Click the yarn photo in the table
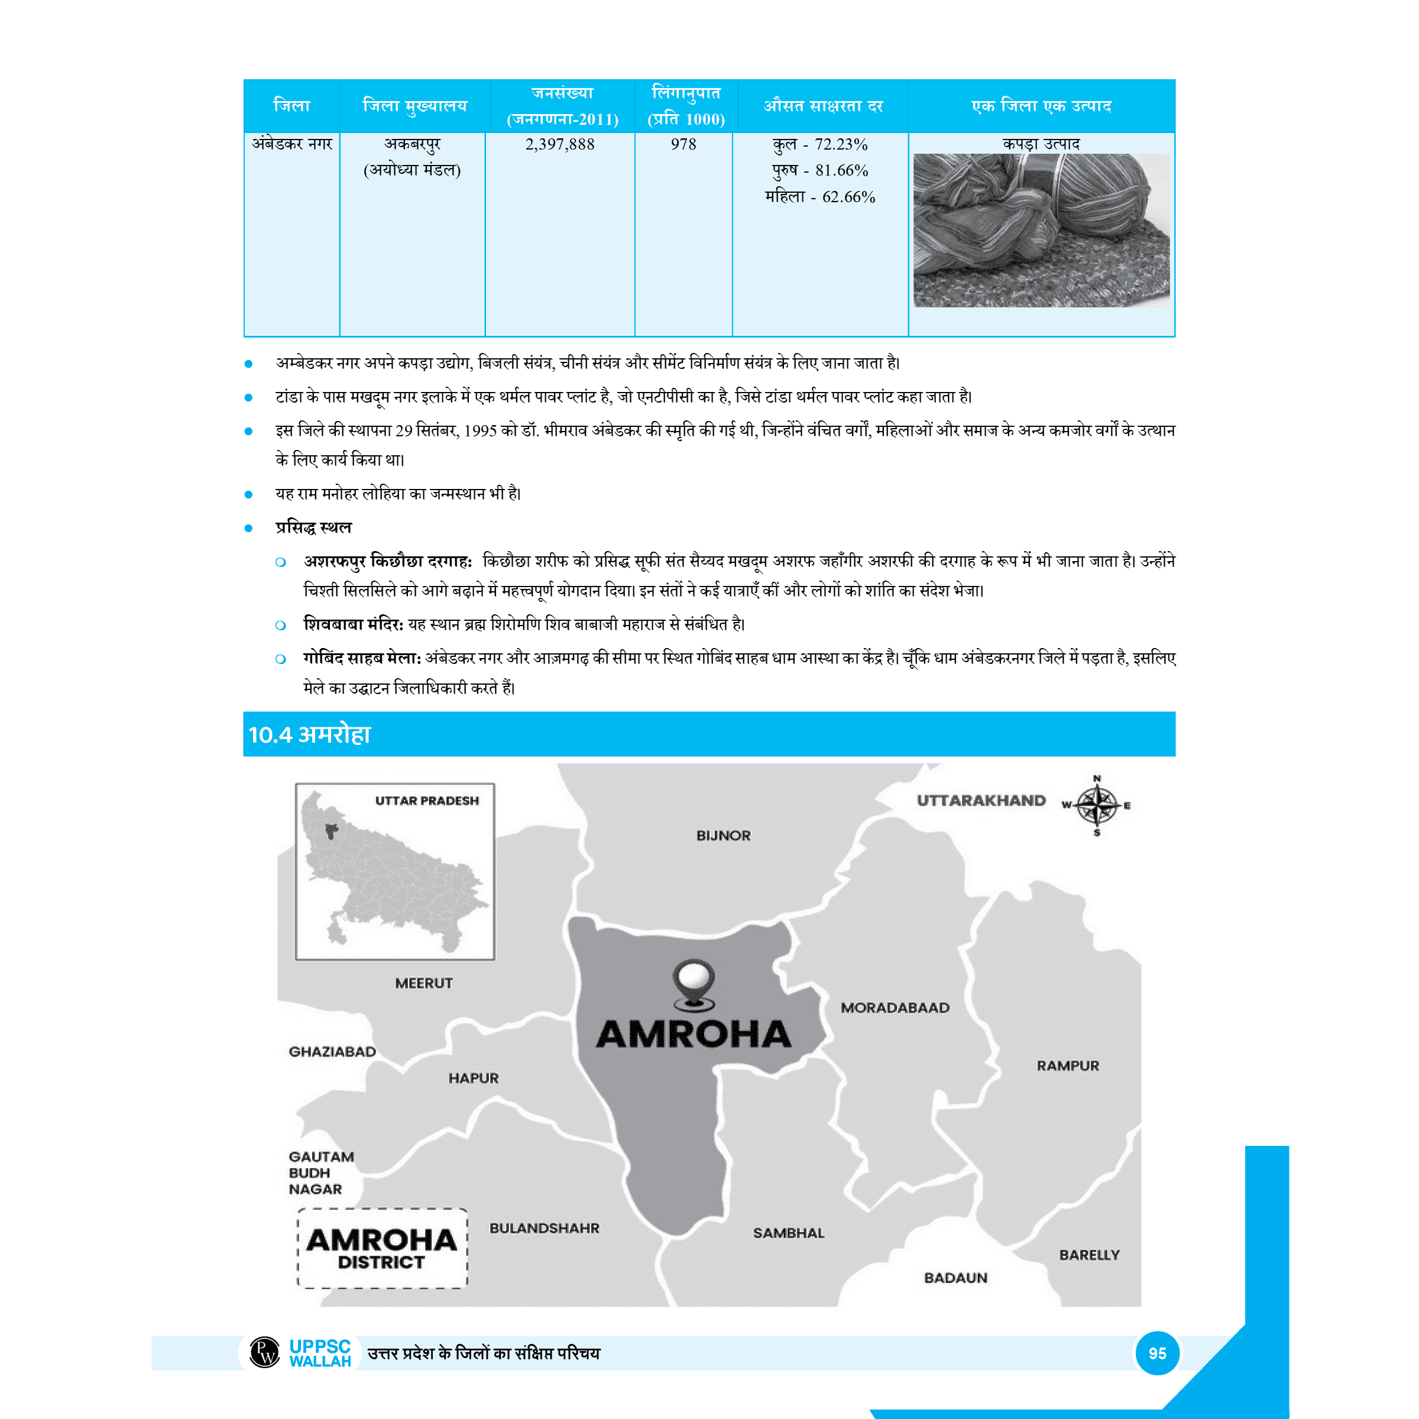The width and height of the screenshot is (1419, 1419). click(x=1041, y=230)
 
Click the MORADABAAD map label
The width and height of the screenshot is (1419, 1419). click(x=895, y=1007)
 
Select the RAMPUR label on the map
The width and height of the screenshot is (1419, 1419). click(x=1068, y=1065)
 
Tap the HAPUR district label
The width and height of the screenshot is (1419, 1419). click(x=474, y=1078)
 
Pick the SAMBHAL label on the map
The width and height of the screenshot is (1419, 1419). click(x=788, y=1233)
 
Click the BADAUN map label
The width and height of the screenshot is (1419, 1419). click(x=955, y=1278)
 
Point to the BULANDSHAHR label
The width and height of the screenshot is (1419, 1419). click(x=544, y=1228)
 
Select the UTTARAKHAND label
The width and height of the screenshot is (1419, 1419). click(x=980, y=801)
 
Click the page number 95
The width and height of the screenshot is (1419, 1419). click(x=1157, y=1353)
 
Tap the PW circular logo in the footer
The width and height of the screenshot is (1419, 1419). click(x=264, y=1352)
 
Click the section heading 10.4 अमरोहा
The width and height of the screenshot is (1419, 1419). click(x=310, y=734)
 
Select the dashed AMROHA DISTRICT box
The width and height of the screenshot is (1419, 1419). click(x=382, y=1249)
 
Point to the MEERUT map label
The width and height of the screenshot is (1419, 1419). click(x=424, y=983)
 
